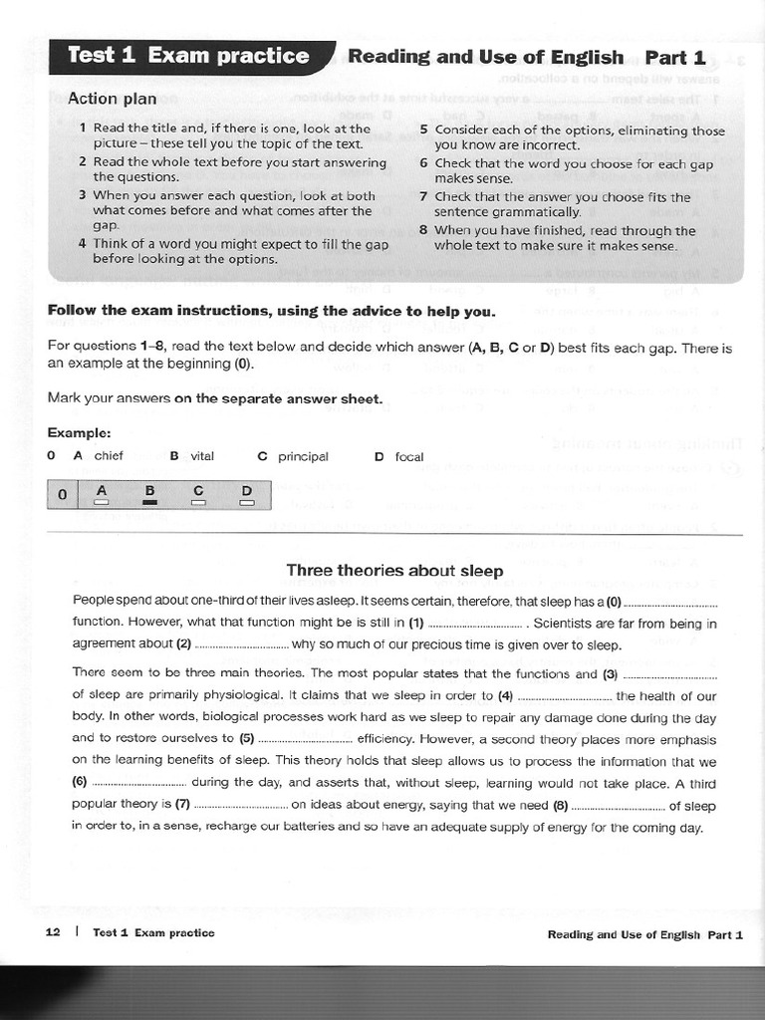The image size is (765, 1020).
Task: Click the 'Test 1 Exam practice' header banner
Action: coord(188,56)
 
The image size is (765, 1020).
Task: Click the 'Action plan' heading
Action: coord(112,99)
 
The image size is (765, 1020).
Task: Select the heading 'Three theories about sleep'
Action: coord(394,571)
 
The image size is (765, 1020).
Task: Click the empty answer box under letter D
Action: coord(247,503)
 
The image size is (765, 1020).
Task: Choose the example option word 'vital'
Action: coord(202,456)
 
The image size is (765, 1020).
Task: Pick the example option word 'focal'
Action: coord(409,457)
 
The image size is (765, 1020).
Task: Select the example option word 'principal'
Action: coord(303,456)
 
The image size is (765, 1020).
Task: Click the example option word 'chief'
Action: coord(109,456)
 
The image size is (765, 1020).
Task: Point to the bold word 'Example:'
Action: coord(79,433)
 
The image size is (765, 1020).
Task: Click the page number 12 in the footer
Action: coord(54,932)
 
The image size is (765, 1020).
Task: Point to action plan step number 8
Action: coord(423,230)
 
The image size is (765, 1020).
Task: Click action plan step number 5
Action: coord(423,130)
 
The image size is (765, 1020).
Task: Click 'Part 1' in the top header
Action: coord(675,57)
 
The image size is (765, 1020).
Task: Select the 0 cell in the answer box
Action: coord(62,494)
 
